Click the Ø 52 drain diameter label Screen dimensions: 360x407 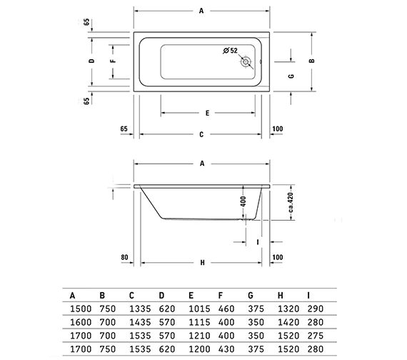pyautogui.click(x=229, y=50)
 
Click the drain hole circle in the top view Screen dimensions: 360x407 pyautogui.click(x=246, y=63)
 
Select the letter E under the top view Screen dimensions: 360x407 pyautogui.click(x=206, y=114)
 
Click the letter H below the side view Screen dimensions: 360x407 pyautogui.click(x=202, y=263)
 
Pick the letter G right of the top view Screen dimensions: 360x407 pyautogui.click(x=291, y=75)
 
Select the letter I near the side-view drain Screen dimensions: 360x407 pyautogui.click(x=256, y=242)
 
